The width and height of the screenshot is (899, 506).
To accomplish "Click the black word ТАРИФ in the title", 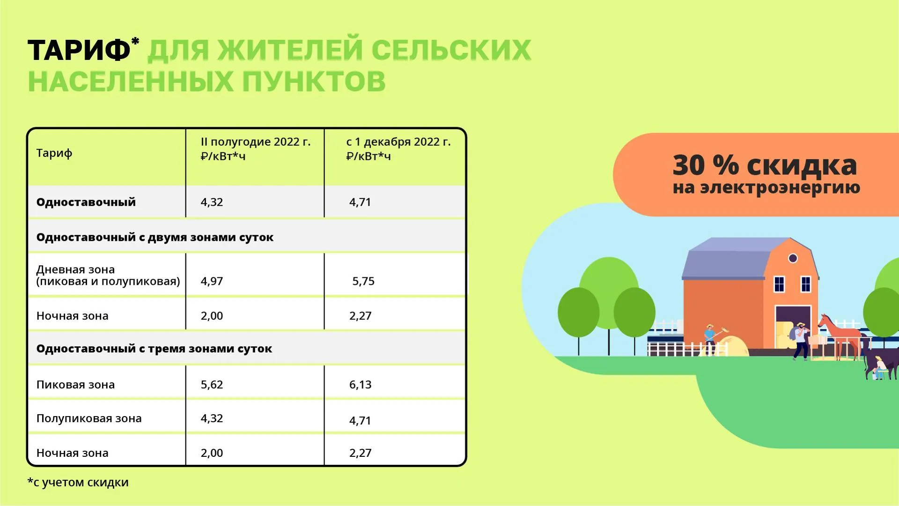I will pyautogui.click(x=79, y=51).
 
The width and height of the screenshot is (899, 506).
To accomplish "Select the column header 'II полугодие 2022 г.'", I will pyautogui.click(x=255, y=142).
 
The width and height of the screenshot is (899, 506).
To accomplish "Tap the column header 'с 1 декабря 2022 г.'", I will pyautogui.click(x=398, y=142).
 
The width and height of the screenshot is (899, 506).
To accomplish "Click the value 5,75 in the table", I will pyautogui.click(x=363, y=281).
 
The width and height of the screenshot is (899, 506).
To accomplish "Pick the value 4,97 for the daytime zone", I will pyautogui.click(x=212, y=281).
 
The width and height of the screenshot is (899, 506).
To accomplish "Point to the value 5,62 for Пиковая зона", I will pyautogui.click(x=212, y=385).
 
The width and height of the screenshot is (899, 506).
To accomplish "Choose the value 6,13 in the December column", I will pyautogui.click(x=360, y=385).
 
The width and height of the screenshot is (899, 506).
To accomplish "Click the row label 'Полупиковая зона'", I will pyautogui.click(x=89, y=418).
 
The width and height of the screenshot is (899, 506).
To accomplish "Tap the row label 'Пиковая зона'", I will pyautogui.click(x=75, y=385).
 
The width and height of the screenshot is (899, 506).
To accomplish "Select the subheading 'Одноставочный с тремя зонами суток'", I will pyautogui.click(x=154, y=349).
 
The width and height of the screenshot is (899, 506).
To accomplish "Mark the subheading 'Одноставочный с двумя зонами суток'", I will pyautogui.click(x=155, y=237).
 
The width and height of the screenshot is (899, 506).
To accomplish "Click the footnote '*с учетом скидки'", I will pyautogui.click(x=78, y=482).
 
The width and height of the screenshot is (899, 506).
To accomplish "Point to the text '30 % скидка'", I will pyautogui.click(x=765, y=165).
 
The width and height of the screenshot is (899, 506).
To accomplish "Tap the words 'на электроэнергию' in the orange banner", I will pyautogui.click(x=766, y=188).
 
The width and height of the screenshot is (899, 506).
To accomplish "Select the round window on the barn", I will pyautogui.click(x=793, y=258).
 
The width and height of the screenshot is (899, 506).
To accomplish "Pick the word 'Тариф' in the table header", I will pyautogui.click(x=54, y=153).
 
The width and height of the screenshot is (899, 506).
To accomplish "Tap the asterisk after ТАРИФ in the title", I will pyautogui.click(x=135, y=42).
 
